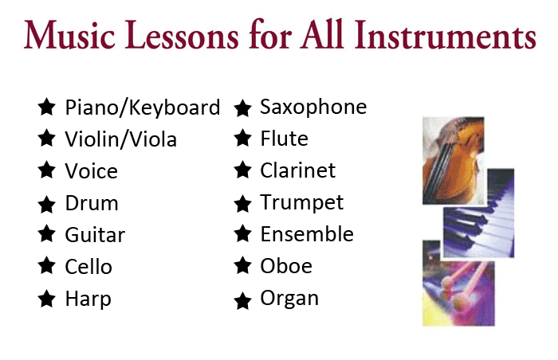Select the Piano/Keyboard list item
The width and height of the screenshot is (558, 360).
pyautogui.click(x=143, y=108)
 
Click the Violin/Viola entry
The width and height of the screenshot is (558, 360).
pyautogui.click(x=120, y=139)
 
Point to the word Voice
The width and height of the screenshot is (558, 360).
pyautogui.click(x=91, y=171)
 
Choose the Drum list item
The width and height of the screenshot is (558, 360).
pyautogui.click(x=92, y=203)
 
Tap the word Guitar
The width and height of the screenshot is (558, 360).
pyautogui.click(x=95, y=235)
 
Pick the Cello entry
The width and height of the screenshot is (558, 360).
pyautogui.click(x=88, y=267)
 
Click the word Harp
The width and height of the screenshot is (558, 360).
pyautogui.click(x=88, y=299)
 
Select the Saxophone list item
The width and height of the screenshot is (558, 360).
pyautogui.click(x=313, y=107)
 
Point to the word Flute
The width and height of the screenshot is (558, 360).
pyautogui.click(x=284, y=139)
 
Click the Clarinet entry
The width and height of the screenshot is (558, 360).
pyautogui.click(x=298, y=170)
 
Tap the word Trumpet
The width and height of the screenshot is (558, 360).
pyautogui.click(x=302, y=203)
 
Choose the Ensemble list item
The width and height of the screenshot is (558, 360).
pyautogui.click(x=307, y=233)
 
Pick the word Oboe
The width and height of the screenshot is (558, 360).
pyautogui.click(x=286, y=266)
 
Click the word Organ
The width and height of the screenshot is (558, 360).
pyautogui.click(x=289, y=299)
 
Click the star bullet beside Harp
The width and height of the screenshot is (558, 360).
pyautogui.click(x=46, y=299)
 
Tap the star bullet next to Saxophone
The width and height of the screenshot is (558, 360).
pyautogui.click(x=242, y=108)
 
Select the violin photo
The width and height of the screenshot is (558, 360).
pyautogui.click(x=453, y=160)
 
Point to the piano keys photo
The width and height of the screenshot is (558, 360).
pyautogui.click(x=479, y=213)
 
